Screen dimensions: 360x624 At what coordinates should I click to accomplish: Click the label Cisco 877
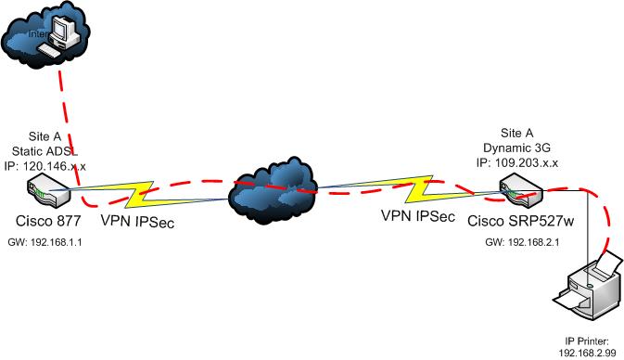click(x=47, y=223)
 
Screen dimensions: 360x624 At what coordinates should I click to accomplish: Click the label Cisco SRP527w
click(x=516, y=219)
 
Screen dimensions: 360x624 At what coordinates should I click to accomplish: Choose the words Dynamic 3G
click(x=518, y=148)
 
